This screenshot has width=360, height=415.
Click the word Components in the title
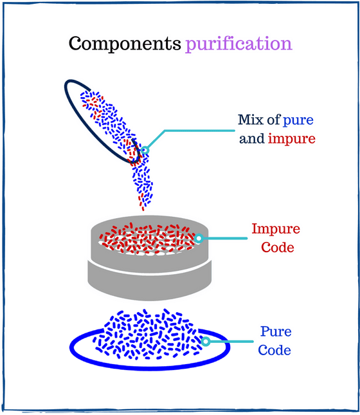tap(125, 44)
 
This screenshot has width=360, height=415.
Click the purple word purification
tap(239, 44)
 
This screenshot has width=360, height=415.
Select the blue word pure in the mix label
tap(298, 120)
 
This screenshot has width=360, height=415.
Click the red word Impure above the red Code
tap(276, 229)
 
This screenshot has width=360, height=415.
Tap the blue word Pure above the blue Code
tap(276, 332)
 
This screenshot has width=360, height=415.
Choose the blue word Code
tap(276, 351)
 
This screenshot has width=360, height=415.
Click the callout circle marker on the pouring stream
tap(145, 151)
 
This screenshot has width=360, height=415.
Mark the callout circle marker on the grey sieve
tap(199, 238)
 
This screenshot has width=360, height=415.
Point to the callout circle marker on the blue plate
tap(206, 341)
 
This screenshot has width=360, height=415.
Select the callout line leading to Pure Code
tap(229, 341)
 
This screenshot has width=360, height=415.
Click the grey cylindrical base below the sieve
tap(148, 277)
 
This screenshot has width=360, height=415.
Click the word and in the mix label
tap(251, 139)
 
